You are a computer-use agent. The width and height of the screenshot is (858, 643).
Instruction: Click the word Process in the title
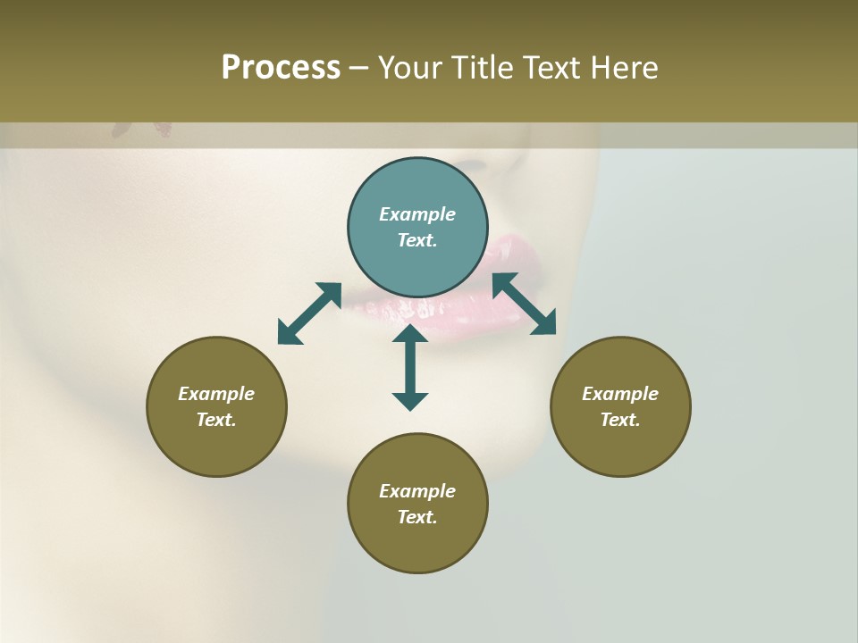click(281, 68)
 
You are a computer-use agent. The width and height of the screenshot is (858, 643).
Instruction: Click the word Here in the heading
click(625, 68)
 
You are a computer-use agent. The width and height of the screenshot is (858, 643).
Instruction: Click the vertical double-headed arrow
click(410, 367)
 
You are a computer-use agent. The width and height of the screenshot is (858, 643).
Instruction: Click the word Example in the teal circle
click(417, 214)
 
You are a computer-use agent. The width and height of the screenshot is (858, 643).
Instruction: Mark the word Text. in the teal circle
click(417, 240)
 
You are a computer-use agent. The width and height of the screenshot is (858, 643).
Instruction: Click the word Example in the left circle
click(216, 394)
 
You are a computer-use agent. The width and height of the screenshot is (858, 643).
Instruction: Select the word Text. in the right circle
click(620, 420)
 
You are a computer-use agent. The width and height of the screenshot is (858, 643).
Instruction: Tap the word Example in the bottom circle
click(417, 491)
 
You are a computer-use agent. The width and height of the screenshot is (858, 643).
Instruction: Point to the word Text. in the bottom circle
click(417, 517)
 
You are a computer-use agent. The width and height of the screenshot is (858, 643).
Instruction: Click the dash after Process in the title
click(358, 68)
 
